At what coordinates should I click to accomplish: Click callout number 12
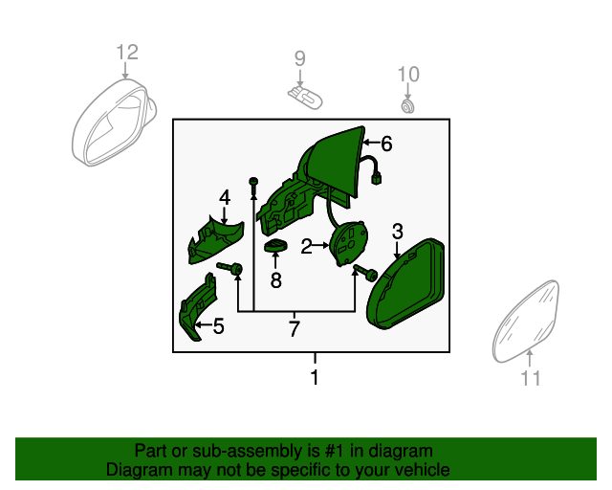[127, 52]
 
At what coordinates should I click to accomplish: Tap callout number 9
[299, 58]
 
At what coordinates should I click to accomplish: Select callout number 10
[408, 74]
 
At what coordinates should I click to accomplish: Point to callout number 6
[386, 145]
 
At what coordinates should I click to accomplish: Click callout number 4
[225, 198]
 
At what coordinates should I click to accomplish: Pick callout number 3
[398, 230]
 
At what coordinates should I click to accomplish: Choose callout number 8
[275, 280]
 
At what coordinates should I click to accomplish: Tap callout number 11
[531, 379]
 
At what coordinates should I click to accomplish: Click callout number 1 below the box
[314, 378]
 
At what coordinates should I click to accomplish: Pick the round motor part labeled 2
[349, 242]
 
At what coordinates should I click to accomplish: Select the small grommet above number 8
[275, 249]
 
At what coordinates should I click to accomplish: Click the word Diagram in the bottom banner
[133, 470]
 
